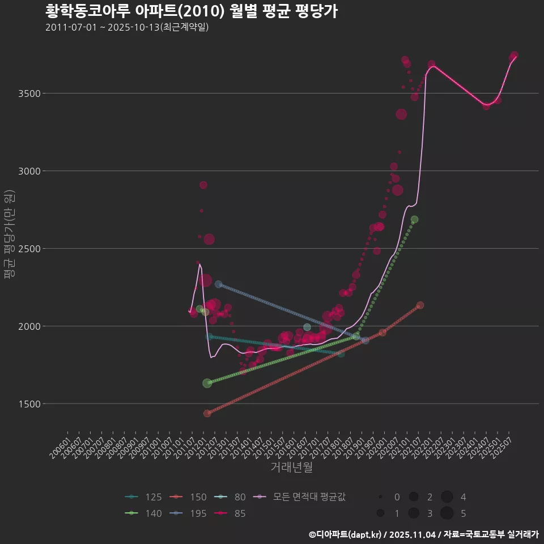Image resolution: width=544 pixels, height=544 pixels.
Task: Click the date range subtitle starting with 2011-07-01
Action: pyautogui.click(x=127, y=27)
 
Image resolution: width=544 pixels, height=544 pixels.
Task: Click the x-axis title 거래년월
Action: pyautogui.click(x=292, y=467)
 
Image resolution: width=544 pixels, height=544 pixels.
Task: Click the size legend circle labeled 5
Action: pyautogui.click(x=447, y=513)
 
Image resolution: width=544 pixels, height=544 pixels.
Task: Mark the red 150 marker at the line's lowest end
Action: pyautogui.click(x=207, y=413)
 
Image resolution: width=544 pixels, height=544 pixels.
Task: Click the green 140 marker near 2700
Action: pyautogui.click(x=414, y=219)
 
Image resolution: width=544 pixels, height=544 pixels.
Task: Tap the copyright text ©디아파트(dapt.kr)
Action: pyautogui.click(x=346, y=534)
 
